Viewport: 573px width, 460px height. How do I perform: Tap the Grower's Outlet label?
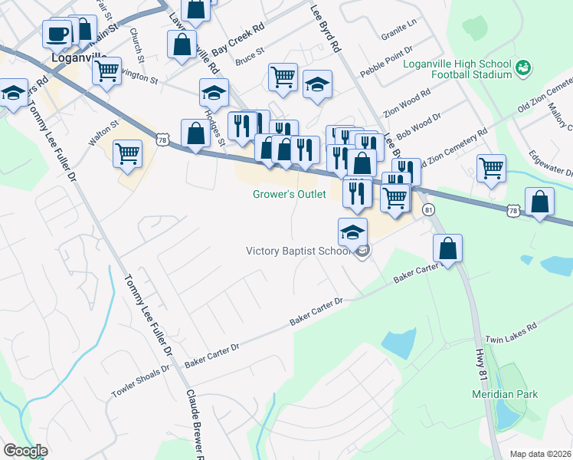point(290,195)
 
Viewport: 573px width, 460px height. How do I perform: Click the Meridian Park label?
point(504,395)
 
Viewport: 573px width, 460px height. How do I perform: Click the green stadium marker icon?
point(524,68)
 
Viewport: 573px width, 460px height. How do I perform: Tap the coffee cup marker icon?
point(57,34)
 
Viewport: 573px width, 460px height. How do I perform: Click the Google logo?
point(25,451)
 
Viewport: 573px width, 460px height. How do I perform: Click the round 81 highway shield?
point(429,209)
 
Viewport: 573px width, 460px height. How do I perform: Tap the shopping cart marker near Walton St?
point(127,153)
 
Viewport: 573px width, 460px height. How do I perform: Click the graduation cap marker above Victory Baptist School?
point(352,232)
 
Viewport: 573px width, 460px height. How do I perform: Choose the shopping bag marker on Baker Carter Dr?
point(447,248)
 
